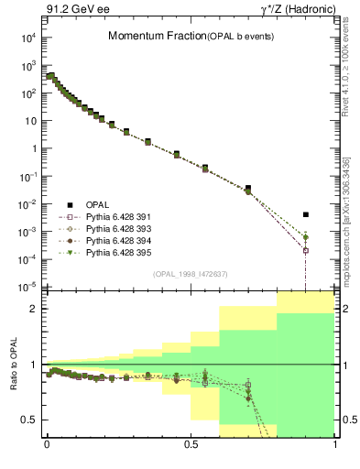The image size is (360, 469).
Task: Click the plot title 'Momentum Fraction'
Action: click(148, 37)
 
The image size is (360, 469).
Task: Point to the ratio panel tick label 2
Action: click(32, 309)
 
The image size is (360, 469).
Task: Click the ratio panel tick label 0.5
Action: click(29, 420)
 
